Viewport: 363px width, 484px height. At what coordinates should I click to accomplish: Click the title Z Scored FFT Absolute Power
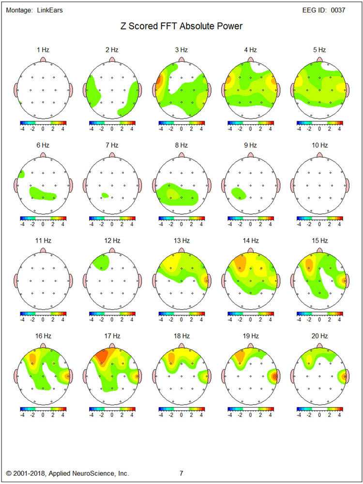pyautogui.click(x=181, y=26)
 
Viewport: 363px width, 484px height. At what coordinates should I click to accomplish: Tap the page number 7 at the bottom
pyautogui.click(x=181, y=473)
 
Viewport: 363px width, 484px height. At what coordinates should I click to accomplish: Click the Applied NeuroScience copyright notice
pyautogui.click(x=67, y=473)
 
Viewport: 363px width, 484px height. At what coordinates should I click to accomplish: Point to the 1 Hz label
pyautogui.click(x=43, y=50)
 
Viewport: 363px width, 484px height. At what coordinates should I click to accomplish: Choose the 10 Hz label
pyautogui.click(x=320, y=145)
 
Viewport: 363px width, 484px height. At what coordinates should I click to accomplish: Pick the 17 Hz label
pyautogui.click(x=112, y=336)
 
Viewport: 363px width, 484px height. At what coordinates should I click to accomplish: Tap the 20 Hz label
pyautogui.click(x=320, y=336)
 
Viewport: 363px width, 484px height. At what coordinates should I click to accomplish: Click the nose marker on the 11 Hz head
pyautogui.click(x=43, y=249)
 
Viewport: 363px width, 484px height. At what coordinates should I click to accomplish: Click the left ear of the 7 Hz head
pyautogui.click(x=84, y=184)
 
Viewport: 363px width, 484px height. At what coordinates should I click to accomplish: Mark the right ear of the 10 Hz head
pyautogui.click(x=348, y=184)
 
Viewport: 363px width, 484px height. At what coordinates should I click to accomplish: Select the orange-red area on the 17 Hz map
pyautogui.click(x=102, y=357)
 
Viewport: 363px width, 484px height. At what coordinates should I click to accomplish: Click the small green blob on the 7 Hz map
pyautogui.click(x=105, y=195)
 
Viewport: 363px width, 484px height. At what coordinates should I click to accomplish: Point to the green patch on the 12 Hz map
pyautogui.click(x=100, y=262)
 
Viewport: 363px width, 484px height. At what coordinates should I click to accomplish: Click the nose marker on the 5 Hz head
pyautogui.click(x=320, y=59)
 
